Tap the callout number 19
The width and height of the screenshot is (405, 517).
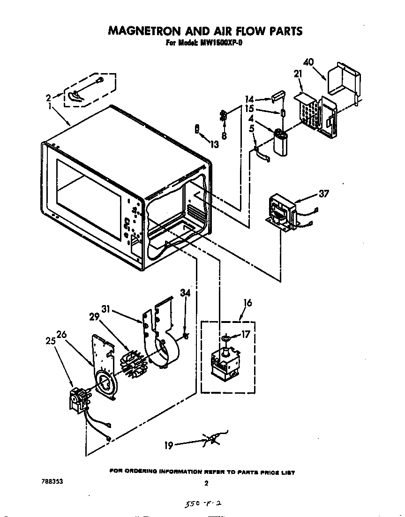(168, 446)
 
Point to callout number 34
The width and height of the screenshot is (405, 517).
(186, 293)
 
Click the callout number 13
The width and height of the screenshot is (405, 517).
(214, 145)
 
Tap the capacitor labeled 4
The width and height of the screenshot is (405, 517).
(283, 143)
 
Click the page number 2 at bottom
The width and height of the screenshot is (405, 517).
(205, 483)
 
